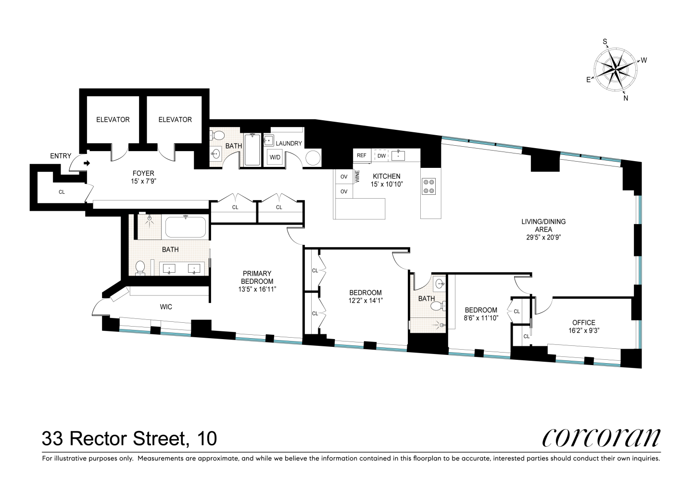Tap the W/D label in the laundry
[x=275, y=157]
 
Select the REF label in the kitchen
[x=362, y=155]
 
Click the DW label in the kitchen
[x=381, y=155]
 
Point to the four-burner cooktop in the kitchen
[x=428, y=186]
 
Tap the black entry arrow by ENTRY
[x=87, y=164]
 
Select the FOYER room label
[x=143, y=173]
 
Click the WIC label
[x=166, y=306]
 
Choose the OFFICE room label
[x=583, y=322]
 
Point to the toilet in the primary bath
[x=140, y=267]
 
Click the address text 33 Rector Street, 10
[x=129, y=438]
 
